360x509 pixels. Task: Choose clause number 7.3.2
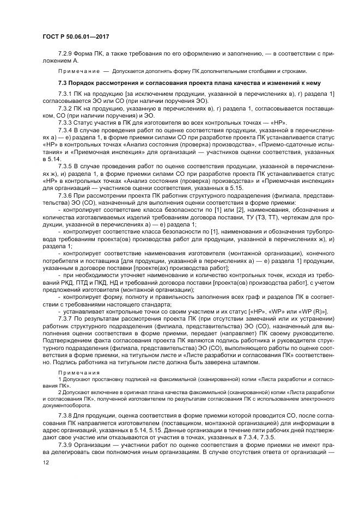[x=66, y=109]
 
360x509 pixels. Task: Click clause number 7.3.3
[x=66, y=124]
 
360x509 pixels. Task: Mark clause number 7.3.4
[x=66, y=131]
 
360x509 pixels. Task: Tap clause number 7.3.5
[x=66, y=165]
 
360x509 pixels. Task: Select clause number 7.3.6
[x=66, y=195]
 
